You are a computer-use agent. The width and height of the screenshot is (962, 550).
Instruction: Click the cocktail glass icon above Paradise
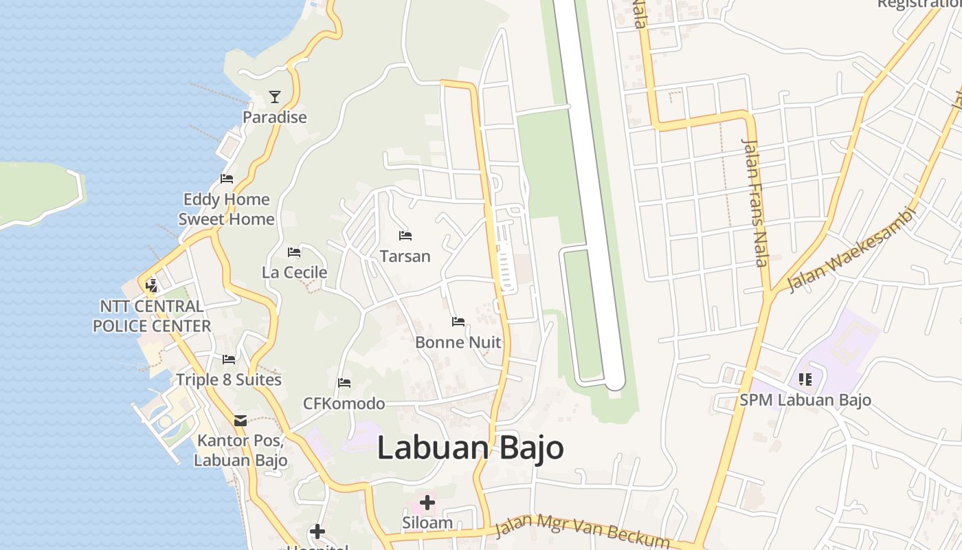(275, 96)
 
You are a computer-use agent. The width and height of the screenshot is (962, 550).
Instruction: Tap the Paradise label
(275, 118)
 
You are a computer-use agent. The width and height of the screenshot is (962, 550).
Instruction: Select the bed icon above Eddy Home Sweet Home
(227, 179)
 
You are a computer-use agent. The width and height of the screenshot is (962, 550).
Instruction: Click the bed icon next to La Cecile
(294, 252)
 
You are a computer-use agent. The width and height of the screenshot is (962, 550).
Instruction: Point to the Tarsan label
(405, 256)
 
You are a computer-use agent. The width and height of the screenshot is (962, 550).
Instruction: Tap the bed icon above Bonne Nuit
(458, 322)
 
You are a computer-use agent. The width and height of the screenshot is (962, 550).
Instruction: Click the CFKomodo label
(344, 404)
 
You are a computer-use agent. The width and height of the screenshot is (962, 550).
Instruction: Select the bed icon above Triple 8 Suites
(229, 360)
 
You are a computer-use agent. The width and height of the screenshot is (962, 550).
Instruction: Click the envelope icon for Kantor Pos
(240, 420)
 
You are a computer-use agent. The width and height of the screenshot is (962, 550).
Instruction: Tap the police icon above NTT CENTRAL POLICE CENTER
(151, 285)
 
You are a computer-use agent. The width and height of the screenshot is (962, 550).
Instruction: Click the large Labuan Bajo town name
(471, 448)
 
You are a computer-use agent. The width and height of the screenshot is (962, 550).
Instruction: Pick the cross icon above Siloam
(427, 503)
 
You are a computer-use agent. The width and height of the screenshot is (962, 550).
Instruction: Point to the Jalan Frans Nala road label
(755, 202)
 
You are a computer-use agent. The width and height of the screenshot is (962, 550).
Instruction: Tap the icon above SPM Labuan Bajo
(805, 379)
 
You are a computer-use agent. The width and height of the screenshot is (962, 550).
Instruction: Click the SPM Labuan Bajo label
(805, 400)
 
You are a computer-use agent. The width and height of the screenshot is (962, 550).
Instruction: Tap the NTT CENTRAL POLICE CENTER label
(152, 316)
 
